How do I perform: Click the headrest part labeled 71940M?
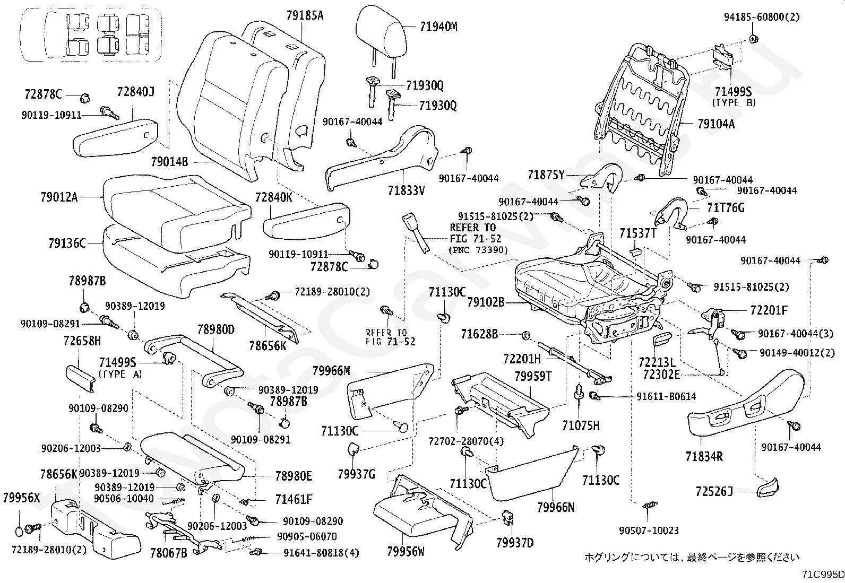click(x=382, y=34)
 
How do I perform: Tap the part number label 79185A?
click(x=305, y=15)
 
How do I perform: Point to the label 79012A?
click(x=59, y=197)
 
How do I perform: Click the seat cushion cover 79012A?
click(x=177, y=213)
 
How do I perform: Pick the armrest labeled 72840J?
click(x=115, y=137)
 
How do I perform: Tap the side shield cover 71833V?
click(x=381, y=159)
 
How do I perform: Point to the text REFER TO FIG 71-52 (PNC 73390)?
click(x=479, y=238)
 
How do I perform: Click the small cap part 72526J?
click(x=768, y=488)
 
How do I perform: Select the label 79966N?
click(x=556, y=507)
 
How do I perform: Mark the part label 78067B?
click(x=169, y=553)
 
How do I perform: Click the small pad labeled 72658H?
click(x=80, y=378)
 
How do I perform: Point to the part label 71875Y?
click(x=546, y=175)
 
